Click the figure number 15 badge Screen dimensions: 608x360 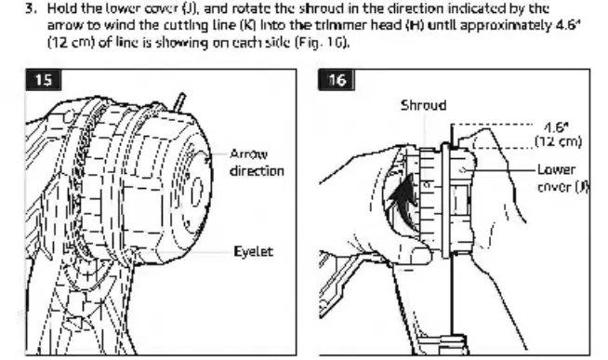[44, 80]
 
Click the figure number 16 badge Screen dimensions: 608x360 [337, 80]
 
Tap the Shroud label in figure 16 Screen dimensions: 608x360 [423, 105]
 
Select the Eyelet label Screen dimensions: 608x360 [253, 252]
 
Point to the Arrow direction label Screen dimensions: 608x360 [257, 163]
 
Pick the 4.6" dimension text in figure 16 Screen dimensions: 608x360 [556, 127]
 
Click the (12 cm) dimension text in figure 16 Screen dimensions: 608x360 [559, 141]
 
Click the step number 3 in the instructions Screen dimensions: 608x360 [31, 8]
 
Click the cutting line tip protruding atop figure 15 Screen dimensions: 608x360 [180, 101]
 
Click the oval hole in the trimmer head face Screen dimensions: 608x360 [197, 191]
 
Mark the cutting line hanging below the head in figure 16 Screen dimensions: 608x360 [451, 295]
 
